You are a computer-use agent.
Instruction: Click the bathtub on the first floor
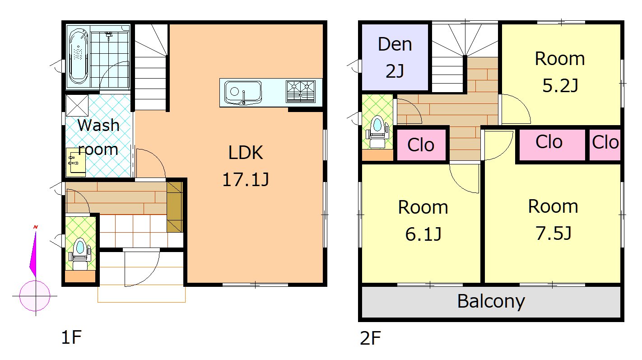[78, 56]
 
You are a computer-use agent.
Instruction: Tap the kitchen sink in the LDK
[243, 92]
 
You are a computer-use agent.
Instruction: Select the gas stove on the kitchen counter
[301, 92]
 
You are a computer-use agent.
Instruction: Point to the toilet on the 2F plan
[377, 131]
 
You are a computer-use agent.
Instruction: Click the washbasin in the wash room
[76, 162]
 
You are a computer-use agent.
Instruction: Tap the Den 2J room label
[395, 57]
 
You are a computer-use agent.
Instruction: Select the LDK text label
[245, 153]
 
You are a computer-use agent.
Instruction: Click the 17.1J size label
[246, 180]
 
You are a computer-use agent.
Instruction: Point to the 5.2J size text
[560, 85]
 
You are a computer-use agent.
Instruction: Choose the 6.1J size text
[423, 234]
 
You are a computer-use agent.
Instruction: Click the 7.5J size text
[553, 233]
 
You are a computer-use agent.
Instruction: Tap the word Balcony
[491, 301]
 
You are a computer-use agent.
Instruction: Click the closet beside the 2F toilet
[421, 145]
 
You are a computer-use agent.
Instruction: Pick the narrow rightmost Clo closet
[605, 145]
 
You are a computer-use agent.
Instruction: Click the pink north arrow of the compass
[33, 252]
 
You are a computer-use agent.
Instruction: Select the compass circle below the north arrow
[35, 296]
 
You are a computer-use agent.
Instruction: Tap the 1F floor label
[71, 337]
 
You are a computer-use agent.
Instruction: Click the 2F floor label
[370, 338]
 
